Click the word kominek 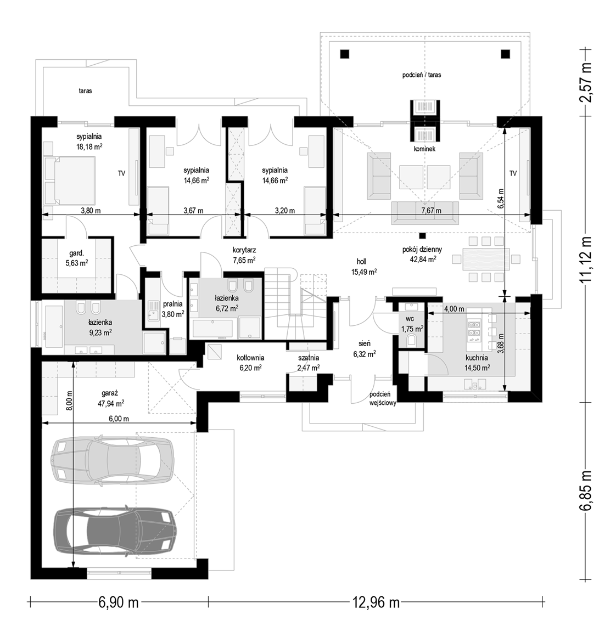[424, 149]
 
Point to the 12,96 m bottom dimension [376, 602]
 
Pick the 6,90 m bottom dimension [119, 602]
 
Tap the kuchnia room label [477, 358]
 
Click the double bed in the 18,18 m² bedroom [69, 181]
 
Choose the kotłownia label [250, 358]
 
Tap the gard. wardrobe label [77, 253]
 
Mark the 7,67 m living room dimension [431, 211]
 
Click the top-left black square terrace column [344, 54]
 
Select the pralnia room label [172, 304]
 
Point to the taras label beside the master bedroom [86, 91]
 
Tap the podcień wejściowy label [383, 399]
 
